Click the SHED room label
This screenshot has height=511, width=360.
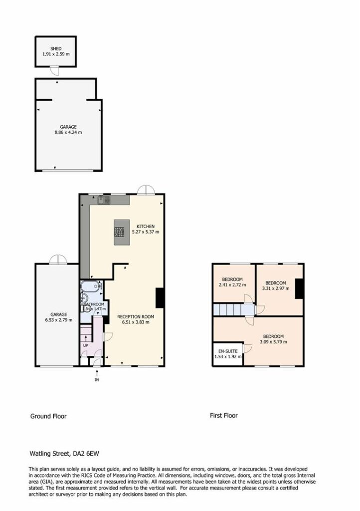pos(56,48)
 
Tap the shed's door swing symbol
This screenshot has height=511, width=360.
pos(55,70)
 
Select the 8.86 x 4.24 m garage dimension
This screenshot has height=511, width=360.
pos(68,132)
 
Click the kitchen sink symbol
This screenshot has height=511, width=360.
pos(105,200)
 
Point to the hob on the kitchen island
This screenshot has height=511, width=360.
pos(119,232)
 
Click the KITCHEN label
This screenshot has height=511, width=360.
pos(146,226)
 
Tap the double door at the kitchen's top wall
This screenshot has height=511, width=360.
pos(146,190)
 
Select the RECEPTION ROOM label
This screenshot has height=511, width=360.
pos(136,316)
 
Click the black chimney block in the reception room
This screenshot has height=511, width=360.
pos(160,298)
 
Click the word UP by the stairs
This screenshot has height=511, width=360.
pos(86,345)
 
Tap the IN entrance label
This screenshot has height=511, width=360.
pos(97,380)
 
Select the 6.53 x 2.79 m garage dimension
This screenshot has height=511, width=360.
pos(59,320)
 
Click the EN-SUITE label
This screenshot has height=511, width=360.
pos(228,351)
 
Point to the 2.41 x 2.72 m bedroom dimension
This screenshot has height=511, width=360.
pos(232,285)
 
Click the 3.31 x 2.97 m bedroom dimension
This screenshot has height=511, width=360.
pos(276,288)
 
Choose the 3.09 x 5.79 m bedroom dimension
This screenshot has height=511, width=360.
pos(273,342)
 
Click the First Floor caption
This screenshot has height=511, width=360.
pos(223,416)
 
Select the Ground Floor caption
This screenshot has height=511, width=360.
pos(48,416)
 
